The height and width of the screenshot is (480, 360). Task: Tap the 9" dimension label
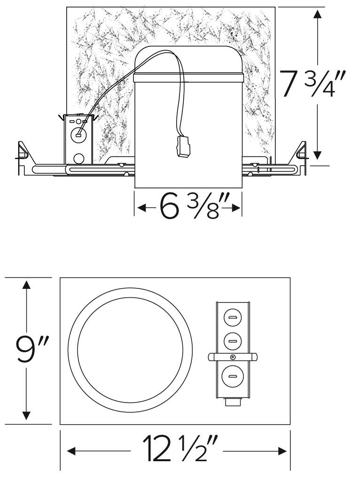click(28, 349)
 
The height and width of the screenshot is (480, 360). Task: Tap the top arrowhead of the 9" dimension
click(27, 285)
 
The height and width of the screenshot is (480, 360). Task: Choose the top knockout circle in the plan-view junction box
click(232, 318)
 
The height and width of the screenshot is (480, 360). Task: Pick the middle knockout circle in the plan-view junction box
click(232, 341)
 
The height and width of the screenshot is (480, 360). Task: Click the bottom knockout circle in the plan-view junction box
click(232, 376)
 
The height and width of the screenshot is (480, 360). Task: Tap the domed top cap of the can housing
click(188, 59)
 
